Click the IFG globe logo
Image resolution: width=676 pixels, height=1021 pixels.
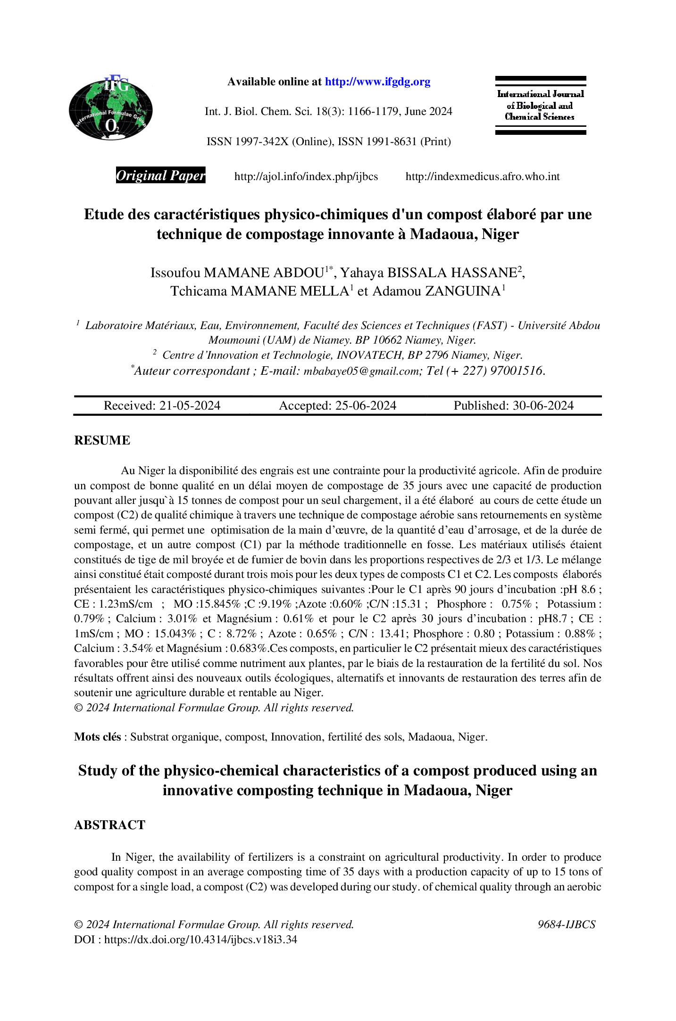(x=111, y=108)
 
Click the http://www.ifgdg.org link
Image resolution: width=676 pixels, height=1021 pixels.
(x=377, y=82)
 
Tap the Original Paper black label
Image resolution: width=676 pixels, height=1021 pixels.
(x=160, y=176)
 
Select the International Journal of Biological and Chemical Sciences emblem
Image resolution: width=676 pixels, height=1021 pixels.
(x=540, y=106)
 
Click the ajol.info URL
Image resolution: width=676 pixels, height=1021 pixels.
(x=306, y=177)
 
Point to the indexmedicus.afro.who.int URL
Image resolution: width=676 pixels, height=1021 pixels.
(x=483, y=177)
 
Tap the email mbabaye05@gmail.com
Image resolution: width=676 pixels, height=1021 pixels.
(x=361, y=371)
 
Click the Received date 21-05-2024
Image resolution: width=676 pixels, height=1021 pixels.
(x=190, y=406)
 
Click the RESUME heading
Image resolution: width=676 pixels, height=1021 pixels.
(x=102, y=440)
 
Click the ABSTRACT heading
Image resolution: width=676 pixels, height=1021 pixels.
(x=109, y=825)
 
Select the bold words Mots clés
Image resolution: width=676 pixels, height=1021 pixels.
(x=97, y=737)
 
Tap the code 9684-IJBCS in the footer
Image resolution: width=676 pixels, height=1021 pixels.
(x=567, y=924)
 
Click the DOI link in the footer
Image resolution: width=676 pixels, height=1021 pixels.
(x=200, y=939)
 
